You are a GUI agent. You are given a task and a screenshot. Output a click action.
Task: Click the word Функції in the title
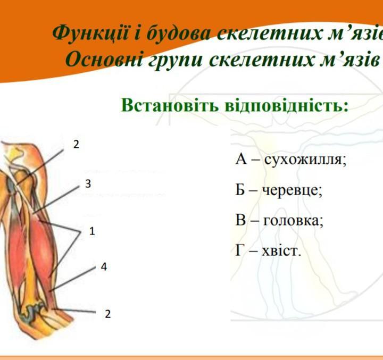90,33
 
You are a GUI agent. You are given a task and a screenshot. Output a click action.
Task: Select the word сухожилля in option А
305,160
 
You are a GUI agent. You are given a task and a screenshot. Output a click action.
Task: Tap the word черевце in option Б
292,190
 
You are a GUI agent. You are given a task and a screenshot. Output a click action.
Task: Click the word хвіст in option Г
281,250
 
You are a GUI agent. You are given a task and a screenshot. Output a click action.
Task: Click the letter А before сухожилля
242,160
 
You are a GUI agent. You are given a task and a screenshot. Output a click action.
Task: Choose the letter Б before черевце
240,190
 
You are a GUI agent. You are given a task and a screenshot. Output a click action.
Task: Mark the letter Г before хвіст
239,250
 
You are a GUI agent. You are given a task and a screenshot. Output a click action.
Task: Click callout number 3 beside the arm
88,183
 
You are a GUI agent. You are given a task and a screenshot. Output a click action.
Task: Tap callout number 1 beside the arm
92,231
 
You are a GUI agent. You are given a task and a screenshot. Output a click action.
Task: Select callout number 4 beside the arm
104,267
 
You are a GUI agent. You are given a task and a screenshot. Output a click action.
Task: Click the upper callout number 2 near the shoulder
76,145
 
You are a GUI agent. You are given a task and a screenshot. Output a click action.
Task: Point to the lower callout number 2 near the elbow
107,314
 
